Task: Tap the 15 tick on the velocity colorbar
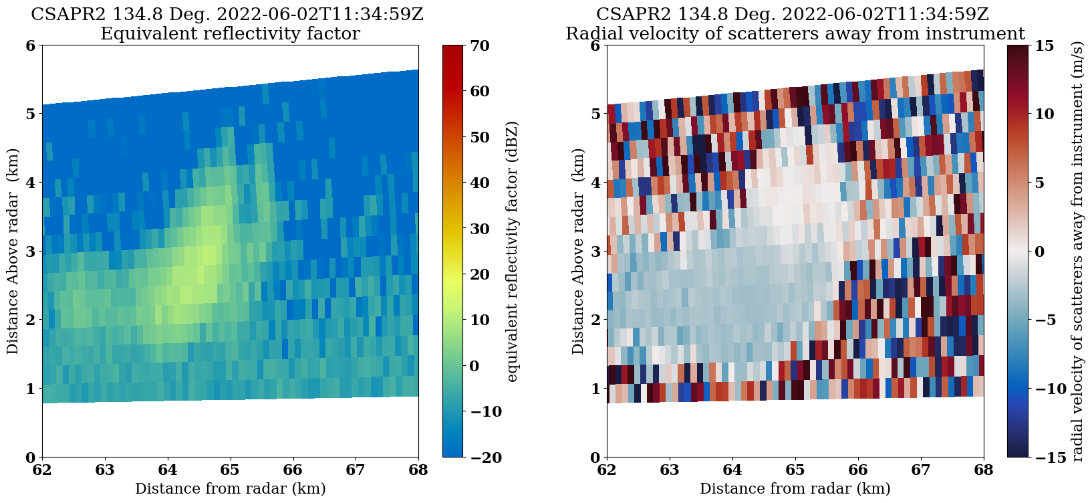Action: pyautogui.click(x=1044, y=45)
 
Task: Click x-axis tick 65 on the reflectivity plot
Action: pyautogui.click(x=231, y=470)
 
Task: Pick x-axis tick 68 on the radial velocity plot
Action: pyautogui.click(x=984, y=470)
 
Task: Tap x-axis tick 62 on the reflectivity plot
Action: pyautogui.click(x=42, y=470)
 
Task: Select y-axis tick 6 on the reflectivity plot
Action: pyautogui.click(x=31, y=45)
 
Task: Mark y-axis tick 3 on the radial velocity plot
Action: pyautogui.click(x=595, y=252)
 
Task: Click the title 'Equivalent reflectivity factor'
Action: pyautogui.click(x=230, y=33)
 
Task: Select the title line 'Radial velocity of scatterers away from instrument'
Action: pyautogui.click(x=795, y=33)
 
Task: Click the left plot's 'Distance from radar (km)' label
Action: pyautogui.click(x=230, y=489)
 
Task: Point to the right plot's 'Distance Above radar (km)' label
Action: pyautogui.click(x=578, y=252)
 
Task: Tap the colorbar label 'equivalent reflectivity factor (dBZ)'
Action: pyautogui.click(x=513, y=252)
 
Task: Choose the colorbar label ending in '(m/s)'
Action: pyautogui.click(x=1077, y=252)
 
